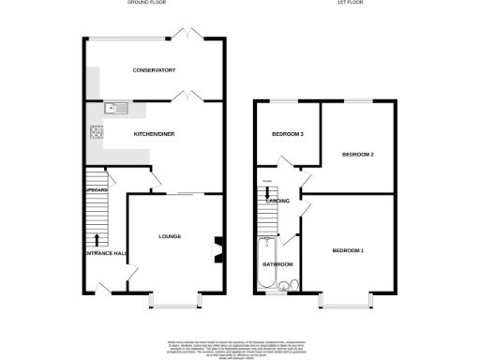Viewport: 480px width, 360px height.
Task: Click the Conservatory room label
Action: pos(154,70)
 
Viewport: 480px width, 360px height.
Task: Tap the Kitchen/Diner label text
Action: pos(154,134)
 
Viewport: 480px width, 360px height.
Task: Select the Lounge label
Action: pos(170,235)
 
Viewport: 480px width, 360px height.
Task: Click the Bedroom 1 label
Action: pos(347,250)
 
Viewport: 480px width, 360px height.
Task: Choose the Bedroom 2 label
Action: pos(357,154)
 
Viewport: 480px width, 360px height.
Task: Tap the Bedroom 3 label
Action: pos(288,134)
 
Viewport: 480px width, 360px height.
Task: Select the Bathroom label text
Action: pos(277,264)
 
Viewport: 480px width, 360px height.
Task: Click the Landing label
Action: pos(277,201)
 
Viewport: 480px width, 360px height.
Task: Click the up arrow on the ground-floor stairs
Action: pos(97,242)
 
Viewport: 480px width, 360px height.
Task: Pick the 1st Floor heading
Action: pos(351,4)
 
